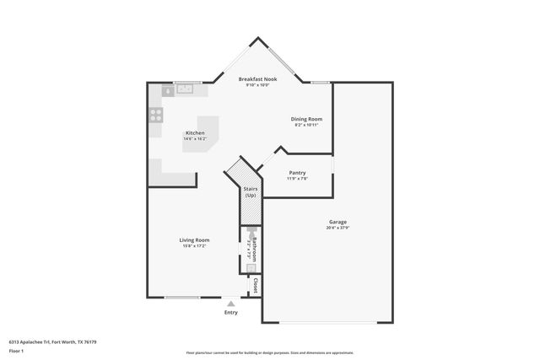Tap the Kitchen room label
click(195, 132)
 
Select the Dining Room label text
click(306, 119)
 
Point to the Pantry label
click(297, 172)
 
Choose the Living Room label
click(194, 240)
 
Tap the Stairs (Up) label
click(250, 192)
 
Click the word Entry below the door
click(230, 313)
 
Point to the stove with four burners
click(156, 115)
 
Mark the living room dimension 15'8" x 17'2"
click(194, 246)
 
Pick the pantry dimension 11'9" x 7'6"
click(297, 178)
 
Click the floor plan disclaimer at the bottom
click(270, 352)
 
